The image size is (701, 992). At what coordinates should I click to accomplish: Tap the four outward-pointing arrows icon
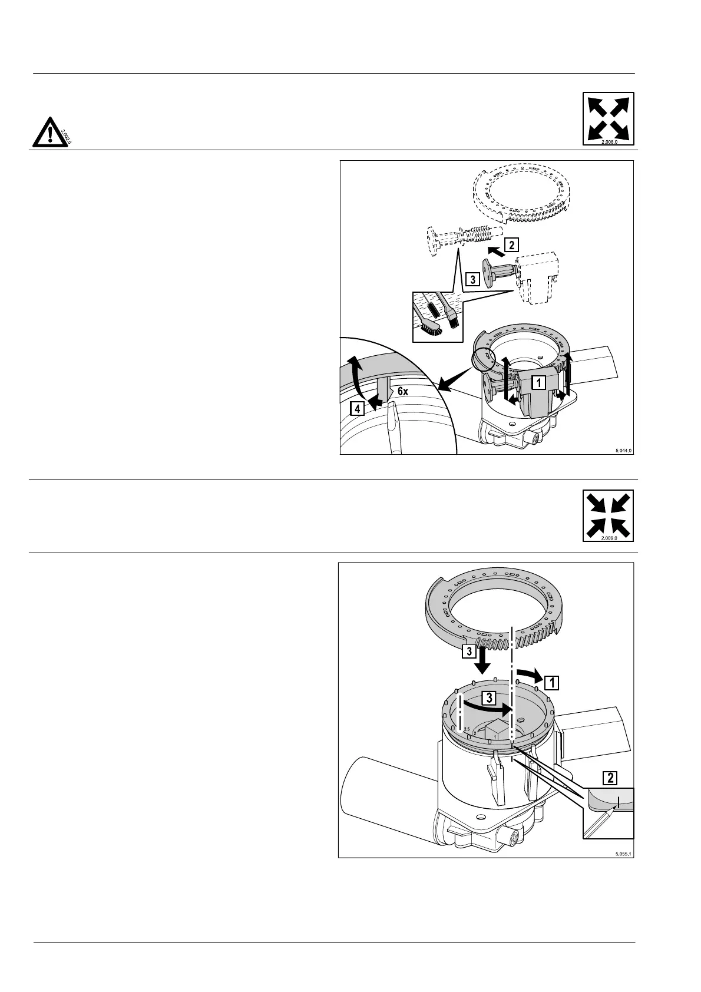[609, 117]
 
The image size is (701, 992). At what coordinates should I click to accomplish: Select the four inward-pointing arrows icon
[609, 514]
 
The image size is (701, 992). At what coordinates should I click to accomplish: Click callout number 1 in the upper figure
[537, 382]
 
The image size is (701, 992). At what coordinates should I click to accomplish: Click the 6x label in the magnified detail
[403, 391]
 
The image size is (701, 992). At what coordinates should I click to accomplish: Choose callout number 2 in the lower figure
[610, 778]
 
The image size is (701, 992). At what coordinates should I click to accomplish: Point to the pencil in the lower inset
[600, 822]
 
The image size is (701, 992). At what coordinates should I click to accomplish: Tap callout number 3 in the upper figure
[472, 280]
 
